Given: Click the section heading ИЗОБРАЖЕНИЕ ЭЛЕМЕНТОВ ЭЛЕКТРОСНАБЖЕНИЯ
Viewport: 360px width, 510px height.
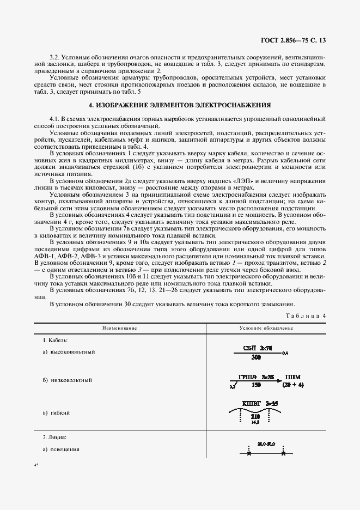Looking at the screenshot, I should (180, 105).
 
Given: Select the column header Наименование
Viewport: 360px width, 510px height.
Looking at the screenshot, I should (118, 328).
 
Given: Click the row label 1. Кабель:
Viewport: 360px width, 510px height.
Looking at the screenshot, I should (55, 341).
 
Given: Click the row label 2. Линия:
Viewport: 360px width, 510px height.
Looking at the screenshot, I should (54, 438).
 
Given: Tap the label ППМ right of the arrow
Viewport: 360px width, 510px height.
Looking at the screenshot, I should (292, 377).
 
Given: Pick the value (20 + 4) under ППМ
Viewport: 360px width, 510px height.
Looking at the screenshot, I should (292, 385).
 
